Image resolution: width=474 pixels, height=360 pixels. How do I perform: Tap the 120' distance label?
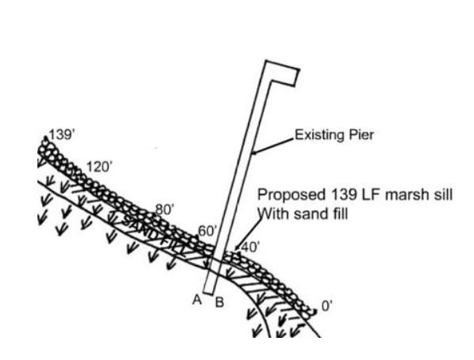click(x=99, y=167)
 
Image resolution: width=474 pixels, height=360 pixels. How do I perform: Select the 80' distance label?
click(x=164, y=207)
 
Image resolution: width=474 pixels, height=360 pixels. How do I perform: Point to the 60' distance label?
click(x=207, y=230)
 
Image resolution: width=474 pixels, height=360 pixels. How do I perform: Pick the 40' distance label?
click(x=249, y=246)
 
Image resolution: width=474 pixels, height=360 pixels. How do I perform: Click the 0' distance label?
click(x=326, y=306)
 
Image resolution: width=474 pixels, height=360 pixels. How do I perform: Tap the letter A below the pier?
click(x=197, y=299)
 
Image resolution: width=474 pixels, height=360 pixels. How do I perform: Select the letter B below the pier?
click(x=218, y=302)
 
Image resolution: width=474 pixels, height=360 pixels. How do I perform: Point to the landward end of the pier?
click(x=208, y=289)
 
